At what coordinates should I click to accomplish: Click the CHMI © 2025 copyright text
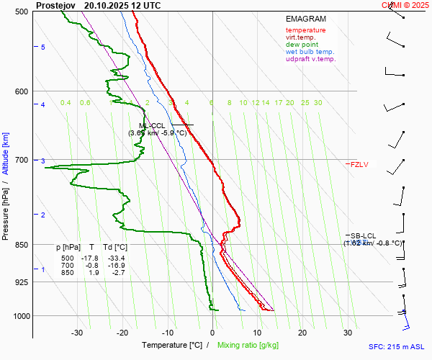tap(405, 5)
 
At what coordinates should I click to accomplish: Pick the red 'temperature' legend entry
tap(305, 30)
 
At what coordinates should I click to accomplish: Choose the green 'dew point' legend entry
tap(302, 45)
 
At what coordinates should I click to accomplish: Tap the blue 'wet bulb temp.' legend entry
tap(310, 52)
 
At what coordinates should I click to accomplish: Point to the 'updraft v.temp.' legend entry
tap(310, 59)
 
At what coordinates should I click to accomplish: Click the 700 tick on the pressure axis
tap(20, 160)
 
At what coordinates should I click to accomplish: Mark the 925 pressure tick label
tap(20, 282)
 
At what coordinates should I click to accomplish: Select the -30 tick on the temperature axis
tap(77, 333)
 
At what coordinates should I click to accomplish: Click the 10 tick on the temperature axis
tap(258, 333)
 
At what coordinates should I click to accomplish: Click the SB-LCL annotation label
tap(363, 235)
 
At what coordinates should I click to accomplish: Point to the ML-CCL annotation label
tap(152, 126)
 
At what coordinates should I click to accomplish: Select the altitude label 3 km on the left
tap(43, 161)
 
